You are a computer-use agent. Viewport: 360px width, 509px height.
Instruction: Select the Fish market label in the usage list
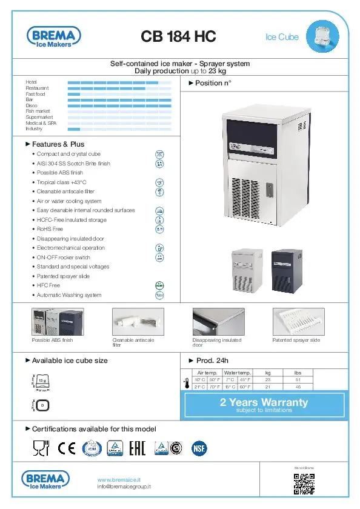[38, 111]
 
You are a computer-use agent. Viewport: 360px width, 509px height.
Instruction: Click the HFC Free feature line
[48, 285]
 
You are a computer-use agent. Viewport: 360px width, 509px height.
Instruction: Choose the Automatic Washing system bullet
[68, 295]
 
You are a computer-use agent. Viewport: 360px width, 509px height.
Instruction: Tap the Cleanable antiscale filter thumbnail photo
[138, 321]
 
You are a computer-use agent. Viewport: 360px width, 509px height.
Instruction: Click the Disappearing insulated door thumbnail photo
[218, 321]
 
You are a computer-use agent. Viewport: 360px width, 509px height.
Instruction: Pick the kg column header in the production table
[268, 373]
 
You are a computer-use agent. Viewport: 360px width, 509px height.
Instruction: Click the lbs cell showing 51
[297, 379]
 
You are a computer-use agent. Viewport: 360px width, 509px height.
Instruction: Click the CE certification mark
[67, 448]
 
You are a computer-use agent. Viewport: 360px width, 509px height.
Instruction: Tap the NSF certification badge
[198, 448]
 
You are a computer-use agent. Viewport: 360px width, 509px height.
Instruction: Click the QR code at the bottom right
[304, 483]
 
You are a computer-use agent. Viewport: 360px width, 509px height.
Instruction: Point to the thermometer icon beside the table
[186, 382]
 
